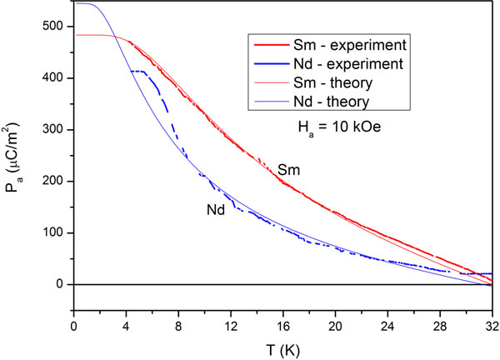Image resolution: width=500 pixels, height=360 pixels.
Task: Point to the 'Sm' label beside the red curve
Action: tap(289, 169)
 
